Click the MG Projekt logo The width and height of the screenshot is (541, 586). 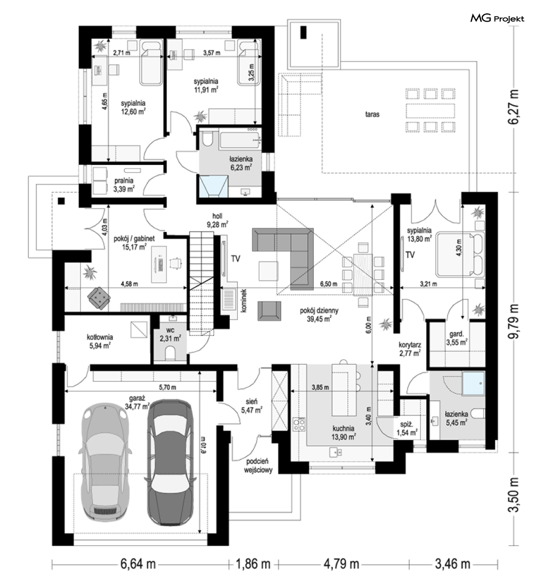(x=497, y=19)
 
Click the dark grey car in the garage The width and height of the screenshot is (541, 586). (x=171, y=462)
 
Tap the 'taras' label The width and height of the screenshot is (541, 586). (x=372, y=114)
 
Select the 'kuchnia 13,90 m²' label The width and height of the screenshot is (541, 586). (x=344, y=432)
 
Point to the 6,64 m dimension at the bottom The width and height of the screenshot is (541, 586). (x=138, y=563)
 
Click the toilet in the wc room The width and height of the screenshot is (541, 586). (x=170, y=354)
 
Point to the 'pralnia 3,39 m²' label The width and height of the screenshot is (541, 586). (x=124, y=185)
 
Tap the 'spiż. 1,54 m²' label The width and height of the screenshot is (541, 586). (x=408, y=429)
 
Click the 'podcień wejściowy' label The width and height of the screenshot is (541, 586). (x=258, y=466)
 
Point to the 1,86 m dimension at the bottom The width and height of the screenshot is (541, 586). (x=252, y=563)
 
